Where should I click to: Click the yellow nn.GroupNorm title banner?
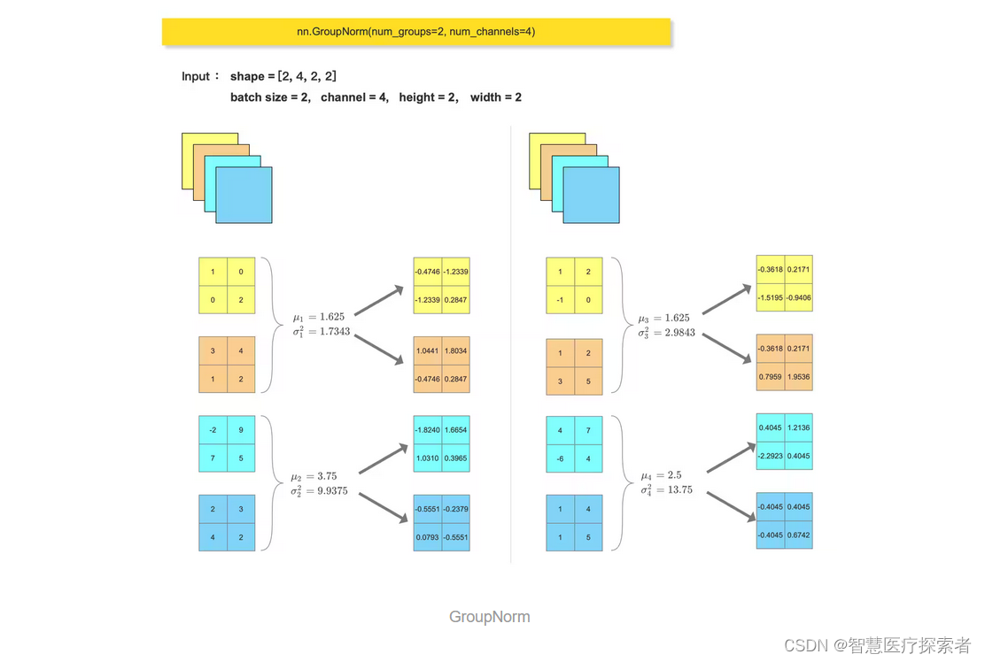coord(416,32)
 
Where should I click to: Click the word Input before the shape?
coord(196,77)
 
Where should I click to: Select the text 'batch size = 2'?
coord(269,97)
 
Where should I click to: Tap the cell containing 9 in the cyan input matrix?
coord(241,430)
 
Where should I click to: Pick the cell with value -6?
coord(560,459)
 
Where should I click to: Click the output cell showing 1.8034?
coord(456,350)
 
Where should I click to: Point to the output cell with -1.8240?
coord(428,429)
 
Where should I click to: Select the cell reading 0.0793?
coord(428,536)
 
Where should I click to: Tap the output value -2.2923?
coord(771,456)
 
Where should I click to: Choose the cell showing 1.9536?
coord(798,377)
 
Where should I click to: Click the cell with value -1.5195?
coord(771,297)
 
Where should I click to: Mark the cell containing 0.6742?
coord(798,535)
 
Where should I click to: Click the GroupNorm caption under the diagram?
coord(489,617)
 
